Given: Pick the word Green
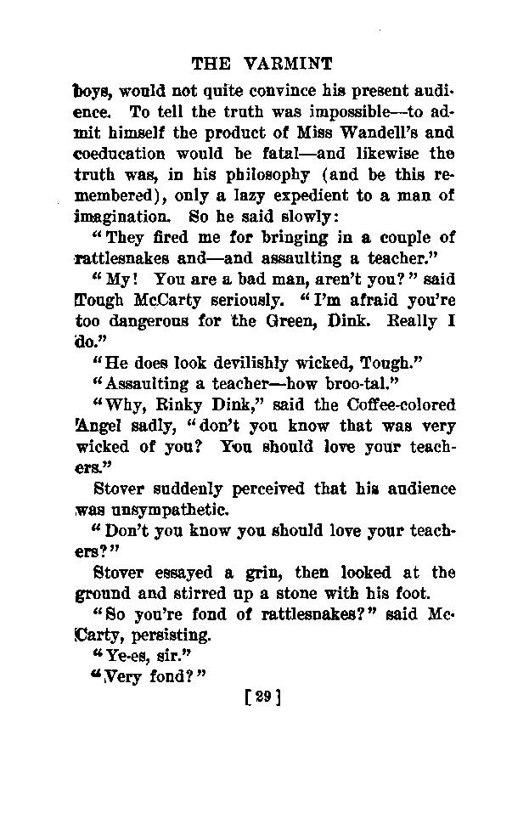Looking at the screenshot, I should pyautogui.click(x=312, y=322).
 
